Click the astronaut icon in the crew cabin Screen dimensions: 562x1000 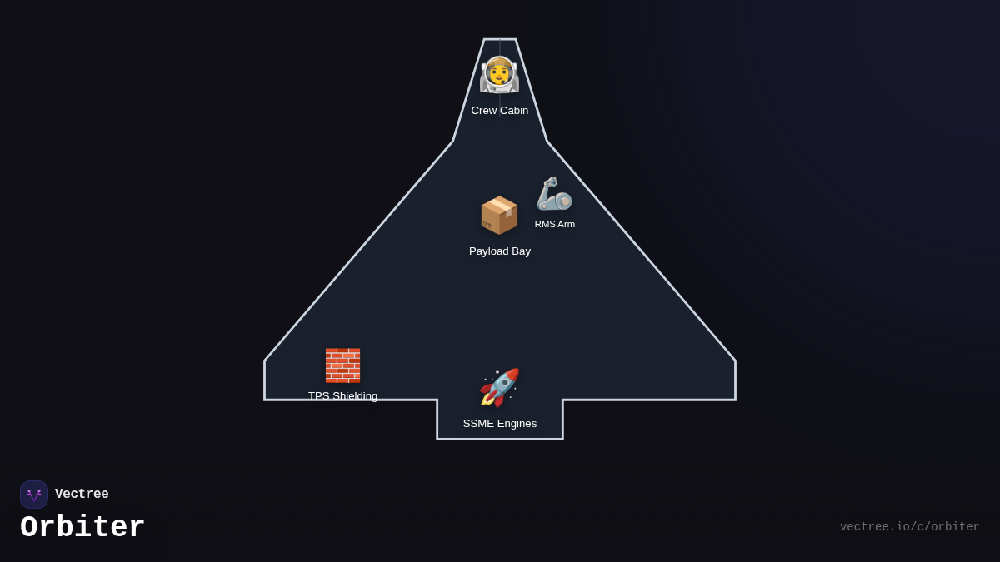tap(499, 75)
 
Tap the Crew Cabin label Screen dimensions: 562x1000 tap(500, 111)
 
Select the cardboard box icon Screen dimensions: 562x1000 tap(499, 215)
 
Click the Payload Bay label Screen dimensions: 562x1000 tap(500, 251)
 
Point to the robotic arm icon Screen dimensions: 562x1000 tap(554, 194)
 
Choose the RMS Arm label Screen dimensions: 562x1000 tap(555, 224)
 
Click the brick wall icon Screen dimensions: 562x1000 tap(342, 365)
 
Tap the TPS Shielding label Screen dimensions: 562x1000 tap(342, 396)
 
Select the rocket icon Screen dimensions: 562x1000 tap(499, 387)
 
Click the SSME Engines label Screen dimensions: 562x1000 tap(500, 424)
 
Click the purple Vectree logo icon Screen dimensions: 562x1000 tap(34, 495)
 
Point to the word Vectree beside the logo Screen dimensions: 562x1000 tap(82, 495)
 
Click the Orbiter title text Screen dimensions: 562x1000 tap(82, 528)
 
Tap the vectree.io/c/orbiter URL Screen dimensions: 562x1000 tap(909, 527)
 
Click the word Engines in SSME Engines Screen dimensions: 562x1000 tap(517, 424)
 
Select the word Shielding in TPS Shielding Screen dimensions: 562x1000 tap(355, 396)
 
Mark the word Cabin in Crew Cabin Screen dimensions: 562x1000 tap(514, 111)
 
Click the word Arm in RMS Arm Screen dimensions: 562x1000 tap(567, 224)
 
